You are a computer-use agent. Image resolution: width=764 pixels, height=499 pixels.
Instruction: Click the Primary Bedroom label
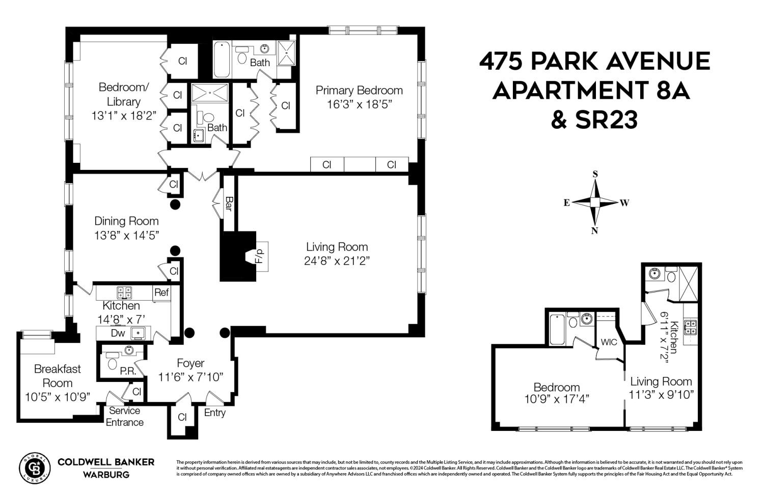[359, 91]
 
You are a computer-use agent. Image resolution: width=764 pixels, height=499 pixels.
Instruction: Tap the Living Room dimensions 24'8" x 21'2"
[337, 261]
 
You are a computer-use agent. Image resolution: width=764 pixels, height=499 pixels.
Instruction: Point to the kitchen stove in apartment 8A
[124, 292]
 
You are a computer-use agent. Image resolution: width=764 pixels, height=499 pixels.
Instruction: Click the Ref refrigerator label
[161, 292]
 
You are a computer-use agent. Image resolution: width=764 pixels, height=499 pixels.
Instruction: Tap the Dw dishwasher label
[118, 334]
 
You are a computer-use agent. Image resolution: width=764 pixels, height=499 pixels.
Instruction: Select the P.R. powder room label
[127, 371]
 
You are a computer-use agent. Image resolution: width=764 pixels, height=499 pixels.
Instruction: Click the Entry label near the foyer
[214, 413]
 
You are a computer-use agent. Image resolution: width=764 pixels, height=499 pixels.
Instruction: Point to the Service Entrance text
[125, 417]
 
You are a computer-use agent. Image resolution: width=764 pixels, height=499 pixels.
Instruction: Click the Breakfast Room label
[57, 376]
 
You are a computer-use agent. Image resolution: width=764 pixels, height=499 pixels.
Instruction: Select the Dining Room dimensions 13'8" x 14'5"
[127, 236]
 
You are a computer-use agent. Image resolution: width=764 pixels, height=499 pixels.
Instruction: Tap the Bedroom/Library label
[124, 94]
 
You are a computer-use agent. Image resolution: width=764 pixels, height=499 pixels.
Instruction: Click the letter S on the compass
[595, 174]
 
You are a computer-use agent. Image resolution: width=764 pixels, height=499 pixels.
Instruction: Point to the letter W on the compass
[624, 203]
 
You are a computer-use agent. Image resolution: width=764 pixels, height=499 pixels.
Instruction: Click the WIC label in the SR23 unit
[609, 342]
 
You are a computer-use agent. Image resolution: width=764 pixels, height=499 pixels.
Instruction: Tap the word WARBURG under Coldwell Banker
[106, 475]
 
